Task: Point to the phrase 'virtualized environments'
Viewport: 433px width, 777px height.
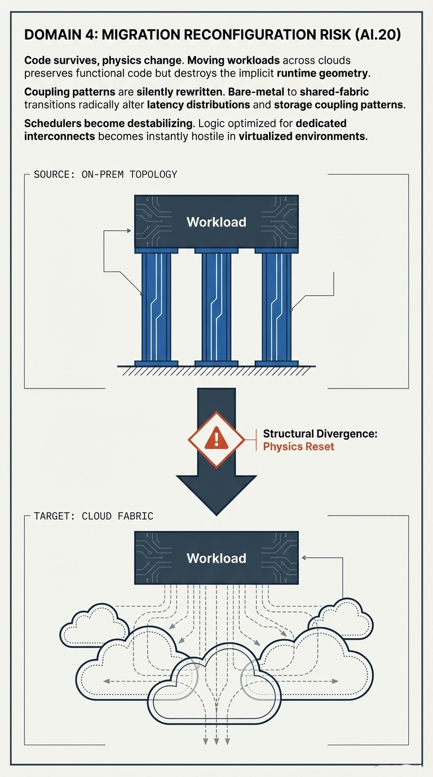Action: (x=302, y=137)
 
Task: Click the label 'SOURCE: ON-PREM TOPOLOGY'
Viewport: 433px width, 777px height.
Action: (x=105, y=174)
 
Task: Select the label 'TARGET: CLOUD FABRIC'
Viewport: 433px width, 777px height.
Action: (x=94, y=516)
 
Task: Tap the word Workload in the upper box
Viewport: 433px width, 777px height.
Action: (x=216, y=222)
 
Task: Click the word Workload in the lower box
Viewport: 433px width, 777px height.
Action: (x=216, y=558)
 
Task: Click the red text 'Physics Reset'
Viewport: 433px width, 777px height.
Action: (x=298, y=447)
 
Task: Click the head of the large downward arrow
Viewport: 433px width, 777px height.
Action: (x=216, y=491)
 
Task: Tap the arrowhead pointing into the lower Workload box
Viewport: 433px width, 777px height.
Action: (x=305, y=558)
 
